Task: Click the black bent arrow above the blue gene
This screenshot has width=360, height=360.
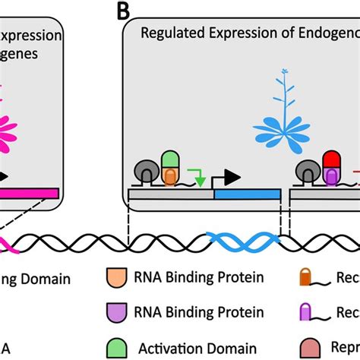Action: point(227,176)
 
